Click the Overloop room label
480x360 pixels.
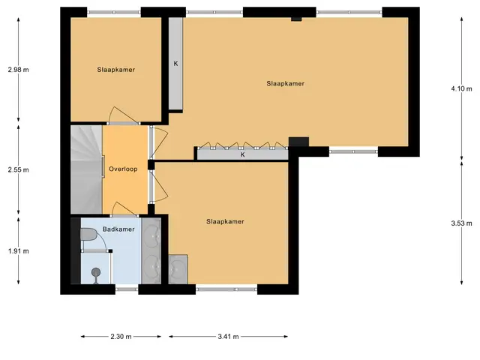pyautogui.click(x=123, y=169)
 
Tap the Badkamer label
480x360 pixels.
pyautogui.click(x=118, y=229)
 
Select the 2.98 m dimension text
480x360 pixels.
pyautogui.click(x=18, y=70)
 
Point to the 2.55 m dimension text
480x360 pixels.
pyautogui.click(x=18, y=169)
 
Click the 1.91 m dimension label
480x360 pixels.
pyautogui.click(x=18, y=251)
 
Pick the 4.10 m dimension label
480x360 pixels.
pyautogui.click(x=461, y=88)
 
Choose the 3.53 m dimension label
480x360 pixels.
pyautogui.click(x=461, y=223)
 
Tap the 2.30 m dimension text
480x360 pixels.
pyautogui.click(x=121, y=337)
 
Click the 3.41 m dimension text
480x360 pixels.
pyautogui.click(x=228, y=337)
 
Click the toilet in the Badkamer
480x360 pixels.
pyautogui.click(x=88, y=235)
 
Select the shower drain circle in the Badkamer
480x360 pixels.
pyautogui.click(x=96, y=271)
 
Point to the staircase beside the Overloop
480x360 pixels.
pyautogui.click(x=87, y=169)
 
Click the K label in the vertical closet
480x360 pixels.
pyautogui.click(x=175, y=64)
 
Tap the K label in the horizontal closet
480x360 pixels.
pyautogui.click(x=242, y=154)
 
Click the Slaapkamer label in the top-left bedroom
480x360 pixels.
pyautogui.click(x=116, y=70)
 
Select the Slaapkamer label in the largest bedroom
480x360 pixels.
pyautogui.click(x=285, y=83)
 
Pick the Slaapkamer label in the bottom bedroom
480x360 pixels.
pyautogui.click(x=225, y=221)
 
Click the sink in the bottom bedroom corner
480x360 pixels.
pyautogui.click(x=178, y=269)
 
